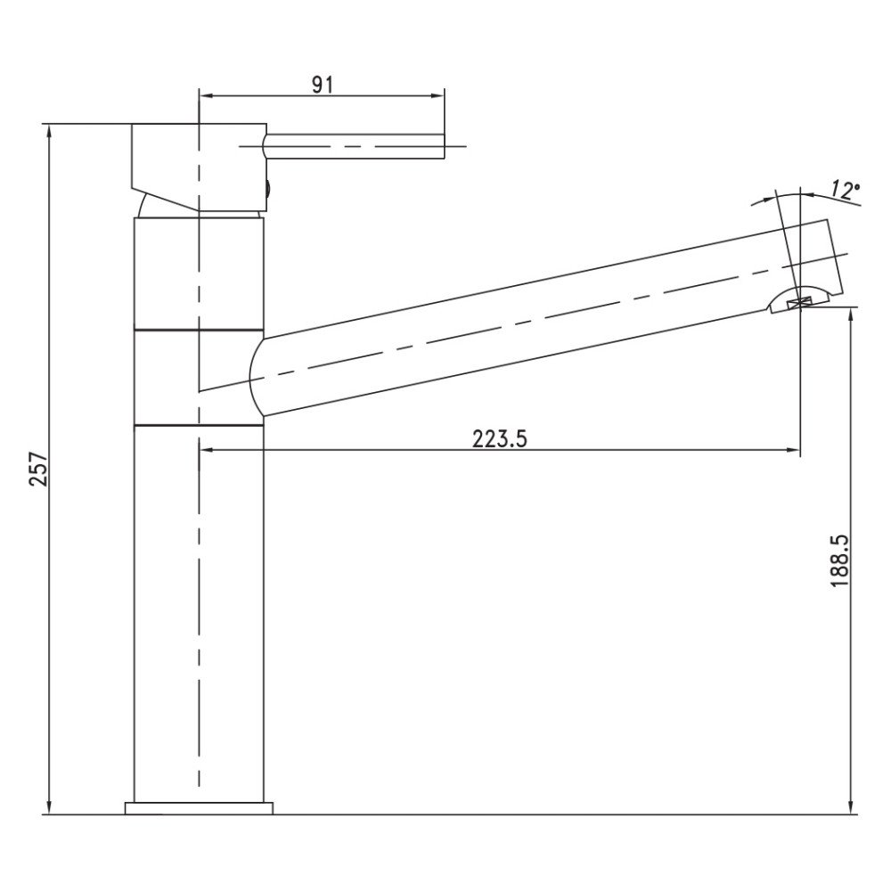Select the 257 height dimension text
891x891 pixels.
click(39, 469)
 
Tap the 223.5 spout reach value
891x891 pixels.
click(500, 438)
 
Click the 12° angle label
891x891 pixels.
click(844, 191)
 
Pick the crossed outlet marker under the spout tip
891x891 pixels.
click(800, 304)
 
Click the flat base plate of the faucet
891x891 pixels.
click(199, 808)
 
